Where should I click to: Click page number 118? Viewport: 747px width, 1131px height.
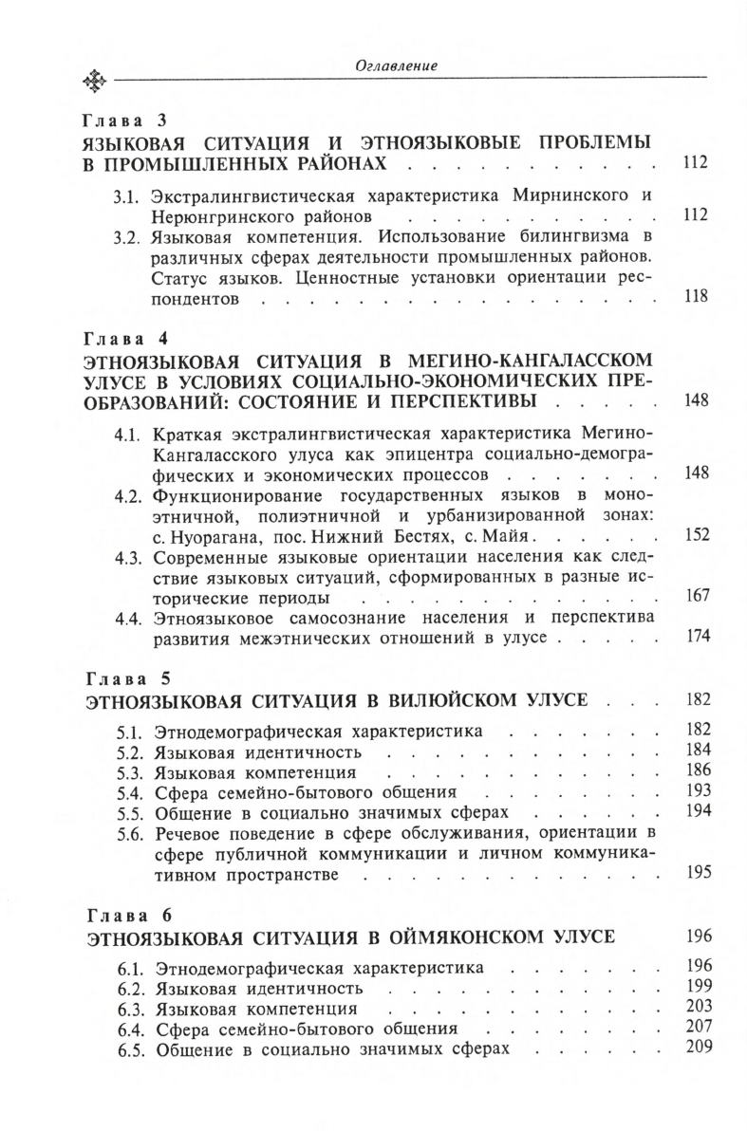click(696, 296)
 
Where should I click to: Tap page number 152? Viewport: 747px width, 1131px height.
click(697, 535)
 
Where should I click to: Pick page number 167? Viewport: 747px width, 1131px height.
click(697, 596)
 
